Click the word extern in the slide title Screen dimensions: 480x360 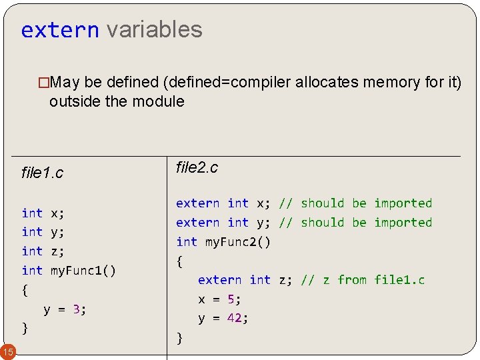click(60, 30)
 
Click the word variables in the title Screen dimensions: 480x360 click(154, 29)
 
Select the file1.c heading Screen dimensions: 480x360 click(42, 173)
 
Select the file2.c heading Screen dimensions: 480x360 click(197, 167)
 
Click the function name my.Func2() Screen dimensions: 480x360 click(238, 242)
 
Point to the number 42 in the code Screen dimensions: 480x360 click(234, 318)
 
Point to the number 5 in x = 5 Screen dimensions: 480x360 click(231, 299)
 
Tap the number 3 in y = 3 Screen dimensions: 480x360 click(77, 309)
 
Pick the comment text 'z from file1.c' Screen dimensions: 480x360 click(374, 280)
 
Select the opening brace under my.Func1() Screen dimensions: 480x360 click(25, 290)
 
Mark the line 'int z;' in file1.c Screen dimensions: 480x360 click(43, 251)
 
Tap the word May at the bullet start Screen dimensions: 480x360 click(65, 83)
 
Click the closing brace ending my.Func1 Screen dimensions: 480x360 click(25, 328)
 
